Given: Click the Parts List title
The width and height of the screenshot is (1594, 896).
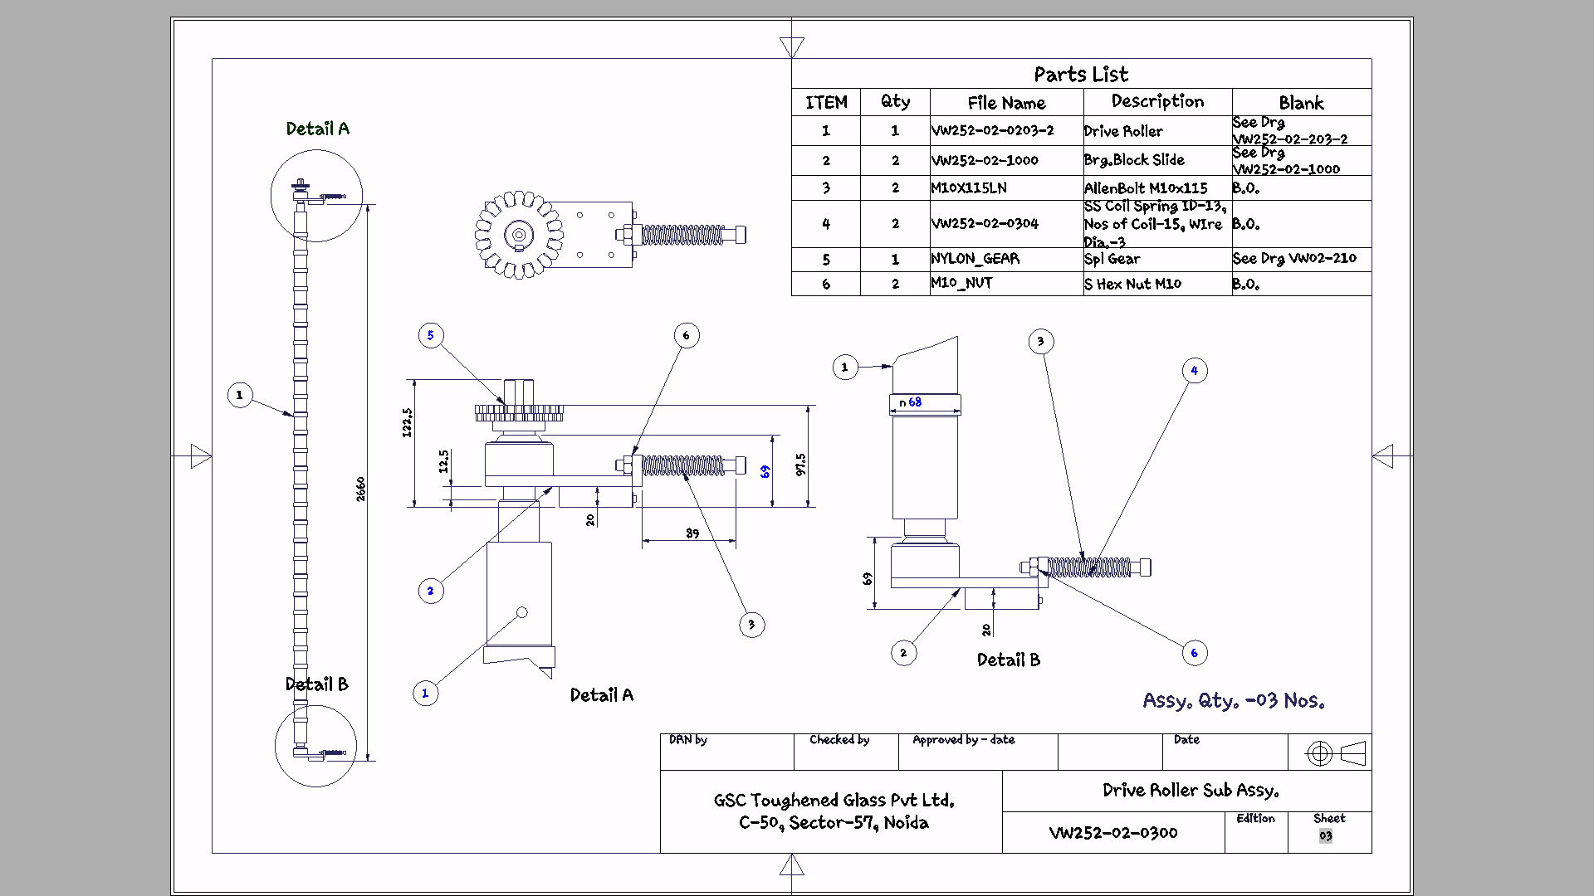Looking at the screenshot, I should (1081, 75).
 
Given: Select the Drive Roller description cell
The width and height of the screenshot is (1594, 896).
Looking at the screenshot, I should (1123, 131).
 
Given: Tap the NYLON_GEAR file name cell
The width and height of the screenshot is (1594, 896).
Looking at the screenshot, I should (975, 259).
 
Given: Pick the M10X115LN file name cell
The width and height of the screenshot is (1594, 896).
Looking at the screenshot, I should (969, 188).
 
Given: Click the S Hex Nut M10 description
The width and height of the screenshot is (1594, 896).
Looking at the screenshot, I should (1132, 284).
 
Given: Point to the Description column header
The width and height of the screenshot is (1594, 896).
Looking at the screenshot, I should (1157, 102).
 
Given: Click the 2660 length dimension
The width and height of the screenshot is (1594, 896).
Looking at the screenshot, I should (360, 489).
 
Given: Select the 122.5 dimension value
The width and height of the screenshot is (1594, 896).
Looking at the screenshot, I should (407, 422).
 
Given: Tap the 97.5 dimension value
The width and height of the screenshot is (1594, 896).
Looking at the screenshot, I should (800, 465).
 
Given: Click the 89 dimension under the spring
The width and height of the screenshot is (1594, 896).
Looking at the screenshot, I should (692, 533).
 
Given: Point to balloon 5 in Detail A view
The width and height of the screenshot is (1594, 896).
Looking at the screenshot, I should (431, 335).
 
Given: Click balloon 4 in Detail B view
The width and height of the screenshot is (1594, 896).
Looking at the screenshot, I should (1195, 371).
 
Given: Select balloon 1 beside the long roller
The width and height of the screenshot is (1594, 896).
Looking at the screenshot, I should (240, 395).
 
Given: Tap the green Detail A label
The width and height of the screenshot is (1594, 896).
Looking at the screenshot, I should (317, 129).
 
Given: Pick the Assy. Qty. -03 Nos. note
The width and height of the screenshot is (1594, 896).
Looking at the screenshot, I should (1233, 701).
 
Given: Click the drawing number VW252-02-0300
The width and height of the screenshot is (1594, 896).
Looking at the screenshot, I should (1112, 833).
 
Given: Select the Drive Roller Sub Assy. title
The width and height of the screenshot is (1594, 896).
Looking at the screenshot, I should (1190, 791).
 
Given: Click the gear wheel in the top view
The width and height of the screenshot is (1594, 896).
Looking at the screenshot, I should (519, 235).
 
